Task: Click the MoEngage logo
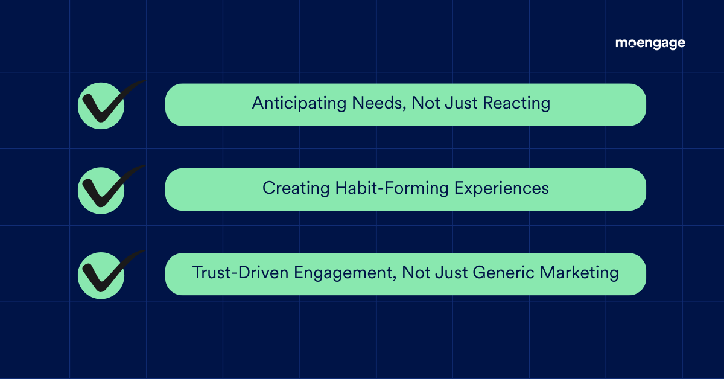(x=650, y=43)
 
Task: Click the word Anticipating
(x=299, y=104)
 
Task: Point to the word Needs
(x=377, y=103)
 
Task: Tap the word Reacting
(x=516, y=104)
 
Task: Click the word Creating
(x=296, y=188)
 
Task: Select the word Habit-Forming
(x=392, y=188)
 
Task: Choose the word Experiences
(x=501, y=188)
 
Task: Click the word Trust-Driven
(x=240, y=272)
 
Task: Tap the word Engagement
(x=343, y=273)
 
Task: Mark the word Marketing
(x=579, y=273)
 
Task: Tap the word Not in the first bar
(x=426, y=103)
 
